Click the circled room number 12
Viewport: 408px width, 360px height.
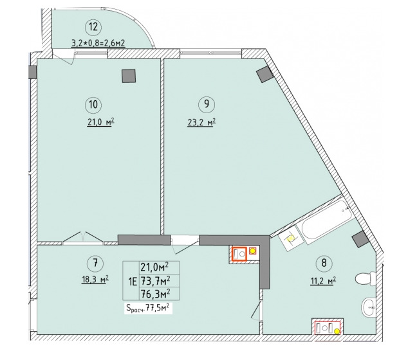point(93,27)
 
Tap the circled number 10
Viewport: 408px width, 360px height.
point(93,105)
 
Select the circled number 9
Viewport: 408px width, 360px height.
point(207,104)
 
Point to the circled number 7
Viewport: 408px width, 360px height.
point(95,264)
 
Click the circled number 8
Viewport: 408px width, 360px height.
point(324,263)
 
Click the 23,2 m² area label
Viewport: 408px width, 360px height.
point(201,122)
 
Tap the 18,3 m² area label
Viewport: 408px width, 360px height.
point(95,280)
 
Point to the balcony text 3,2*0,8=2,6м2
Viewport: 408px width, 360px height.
point(98,43)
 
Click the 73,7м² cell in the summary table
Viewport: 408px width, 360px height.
point(156,281)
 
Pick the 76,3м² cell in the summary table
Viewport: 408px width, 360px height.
point(156,294)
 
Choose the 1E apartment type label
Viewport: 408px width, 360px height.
point(133,282)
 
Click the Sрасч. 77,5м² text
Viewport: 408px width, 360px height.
point(148,309)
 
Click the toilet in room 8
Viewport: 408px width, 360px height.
point(366,278)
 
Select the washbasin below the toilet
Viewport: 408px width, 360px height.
point(369,307)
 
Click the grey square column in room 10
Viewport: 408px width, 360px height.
point(129,76)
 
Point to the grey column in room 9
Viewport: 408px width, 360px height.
point(265,74)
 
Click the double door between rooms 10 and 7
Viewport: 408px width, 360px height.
point(83,238)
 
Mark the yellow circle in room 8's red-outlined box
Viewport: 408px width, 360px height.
point(337,331)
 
